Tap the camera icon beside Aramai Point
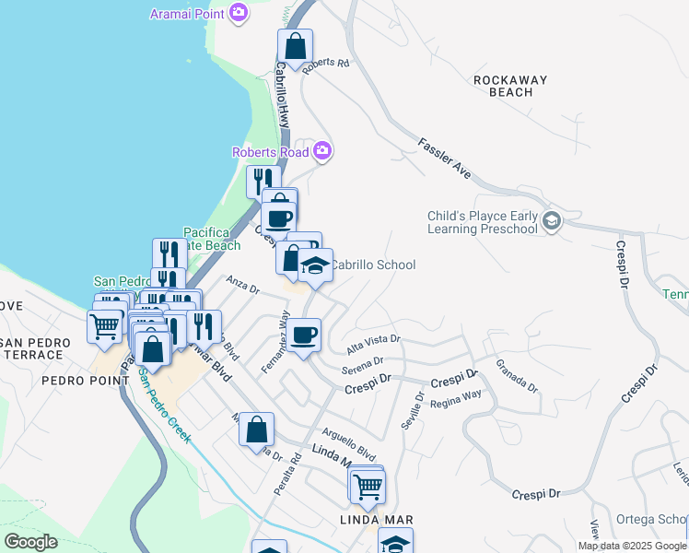(239, 13)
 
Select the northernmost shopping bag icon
(295, 46)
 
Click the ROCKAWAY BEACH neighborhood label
(504, 86)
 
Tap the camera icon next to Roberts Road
(321, 150)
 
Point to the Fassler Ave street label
(444, 159)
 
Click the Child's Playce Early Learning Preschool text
(482, 222)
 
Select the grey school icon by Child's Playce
(551, 221)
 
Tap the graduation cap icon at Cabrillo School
(315, 266)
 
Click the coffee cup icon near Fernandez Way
(303, 335)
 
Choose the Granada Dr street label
(516, 377)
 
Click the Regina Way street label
(456, 394)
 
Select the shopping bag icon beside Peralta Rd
(257, 429)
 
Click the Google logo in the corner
(30, 541)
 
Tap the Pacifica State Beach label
(212, 239)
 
